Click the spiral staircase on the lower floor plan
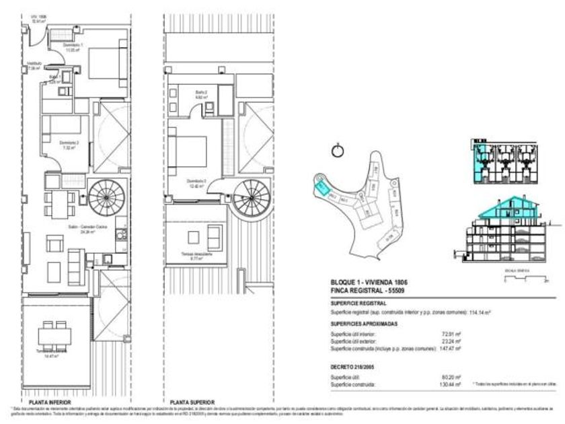coord(105,197)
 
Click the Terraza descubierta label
coord(196,255)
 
